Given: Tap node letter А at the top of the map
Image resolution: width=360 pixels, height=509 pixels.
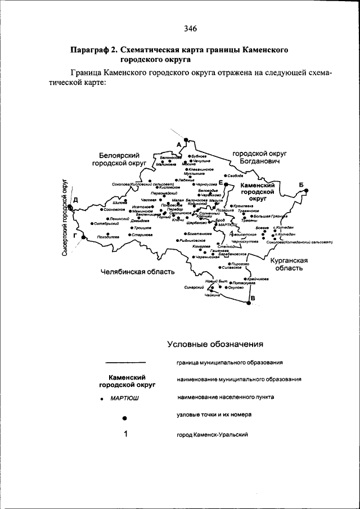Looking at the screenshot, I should (x=179, y=145).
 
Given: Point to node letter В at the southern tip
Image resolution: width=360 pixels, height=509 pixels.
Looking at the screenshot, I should (x=252, y=298).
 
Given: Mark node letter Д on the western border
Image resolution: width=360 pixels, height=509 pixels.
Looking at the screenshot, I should (x=75, y=200).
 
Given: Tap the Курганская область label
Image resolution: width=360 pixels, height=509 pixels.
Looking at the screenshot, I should (x=289, y=264).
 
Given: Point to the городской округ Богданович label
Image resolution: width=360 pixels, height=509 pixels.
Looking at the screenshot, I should (x=260, y=157).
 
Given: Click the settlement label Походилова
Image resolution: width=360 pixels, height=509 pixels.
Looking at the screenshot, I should (x=108, y=237).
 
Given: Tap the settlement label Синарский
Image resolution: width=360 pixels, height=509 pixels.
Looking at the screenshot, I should (x=192, y=287).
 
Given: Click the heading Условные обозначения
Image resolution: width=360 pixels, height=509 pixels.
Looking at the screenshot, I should (x=215, y=344).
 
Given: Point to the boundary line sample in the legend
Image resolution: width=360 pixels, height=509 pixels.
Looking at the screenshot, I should (x=126, y=362).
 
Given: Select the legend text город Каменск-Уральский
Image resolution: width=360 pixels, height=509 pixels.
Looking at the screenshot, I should (x=212, y=435).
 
